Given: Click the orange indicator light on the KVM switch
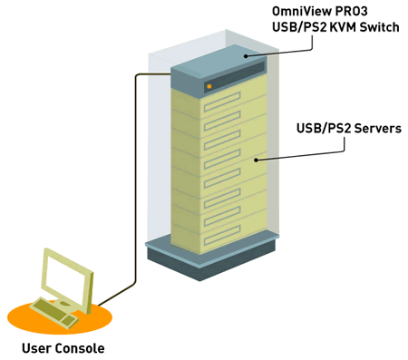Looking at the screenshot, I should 210,86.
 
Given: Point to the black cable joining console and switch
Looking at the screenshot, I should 135,181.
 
